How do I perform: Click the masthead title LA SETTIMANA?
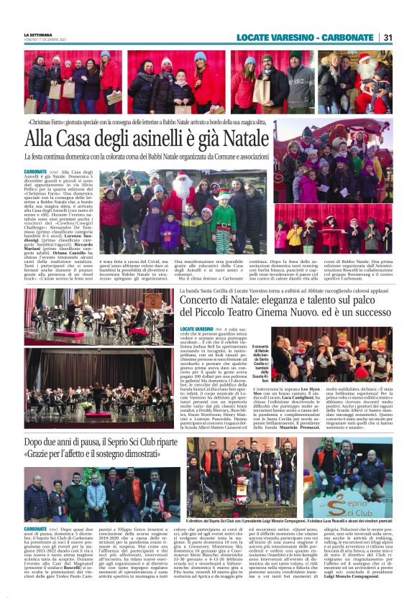point(37,34)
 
